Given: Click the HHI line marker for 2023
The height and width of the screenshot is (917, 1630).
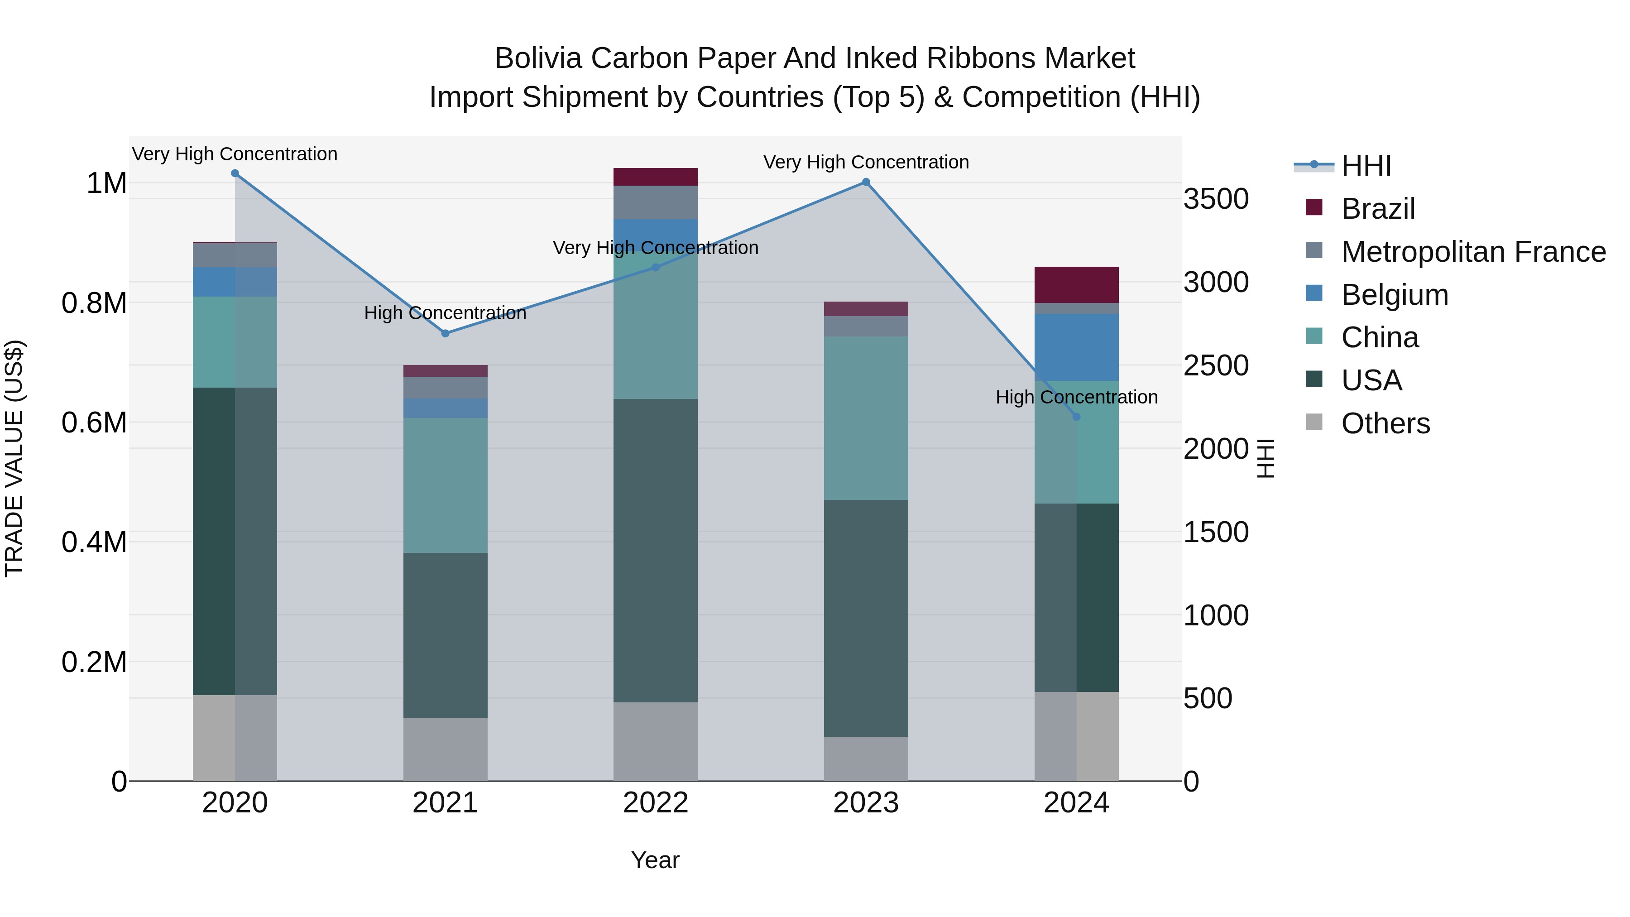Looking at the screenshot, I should click(866, 182).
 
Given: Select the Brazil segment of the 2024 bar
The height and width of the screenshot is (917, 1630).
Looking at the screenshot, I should click(1076, 285).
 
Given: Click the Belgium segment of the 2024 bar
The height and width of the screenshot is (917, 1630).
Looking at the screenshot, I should click(1076, 347).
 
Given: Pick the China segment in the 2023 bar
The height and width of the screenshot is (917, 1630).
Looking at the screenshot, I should click(866, 418).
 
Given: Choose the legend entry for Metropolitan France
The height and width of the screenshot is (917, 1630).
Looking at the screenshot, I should click(1473, 252).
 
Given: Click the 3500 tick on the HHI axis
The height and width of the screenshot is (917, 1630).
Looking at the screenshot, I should click(1216, 199).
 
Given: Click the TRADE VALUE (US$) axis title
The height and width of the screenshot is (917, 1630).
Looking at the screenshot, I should click(14, 458).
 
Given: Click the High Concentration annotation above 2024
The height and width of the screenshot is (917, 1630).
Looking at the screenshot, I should click(1076, 398).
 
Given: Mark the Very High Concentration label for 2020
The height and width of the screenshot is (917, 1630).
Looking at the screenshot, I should click(235, 154).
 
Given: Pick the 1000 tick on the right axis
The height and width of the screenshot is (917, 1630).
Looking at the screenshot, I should click(1216, 616).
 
